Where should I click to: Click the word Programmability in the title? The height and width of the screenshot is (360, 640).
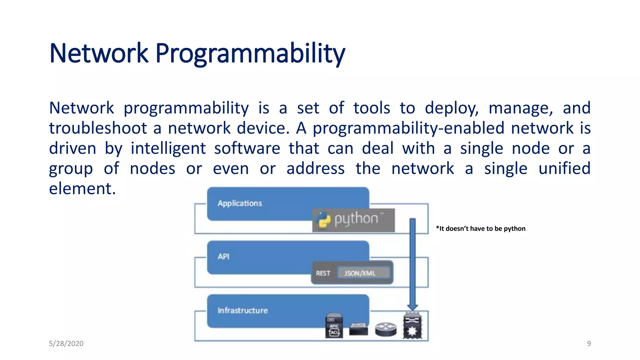(x=250, y=54)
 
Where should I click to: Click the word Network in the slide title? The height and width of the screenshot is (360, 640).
(x=98, y=54)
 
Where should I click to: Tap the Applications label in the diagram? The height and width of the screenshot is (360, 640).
(x=240, y=203)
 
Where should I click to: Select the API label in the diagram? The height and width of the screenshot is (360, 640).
(x=223, y=257)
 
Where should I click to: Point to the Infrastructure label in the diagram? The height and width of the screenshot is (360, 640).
(x=242, y=310)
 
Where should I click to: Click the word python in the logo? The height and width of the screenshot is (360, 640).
(x=356, y=219)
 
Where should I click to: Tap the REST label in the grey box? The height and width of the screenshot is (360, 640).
(x=323, y=273)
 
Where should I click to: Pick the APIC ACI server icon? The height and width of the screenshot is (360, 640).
(x=334, y=326)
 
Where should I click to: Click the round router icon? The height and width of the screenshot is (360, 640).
(x=386, y=329)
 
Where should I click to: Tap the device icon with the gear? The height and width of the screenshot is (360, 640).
(x=412, y=327)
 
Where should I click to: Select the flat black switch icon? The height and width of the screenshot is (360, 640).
(x=358, y=329)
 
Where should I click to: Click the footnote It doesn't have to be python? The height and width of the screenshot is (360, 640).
(x=481, y=228)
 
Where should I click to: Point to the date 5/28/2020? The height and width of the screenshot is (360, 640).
(x=66, y=343)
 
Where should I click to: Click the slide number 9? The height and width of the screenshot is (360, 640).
(x=589, y=343)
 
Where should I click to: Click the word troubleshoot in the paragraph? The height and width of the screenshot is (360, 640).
(x=98, y=128)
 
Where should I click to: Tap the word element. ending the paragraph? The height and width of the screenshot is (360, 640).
(x=82, y=188)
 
